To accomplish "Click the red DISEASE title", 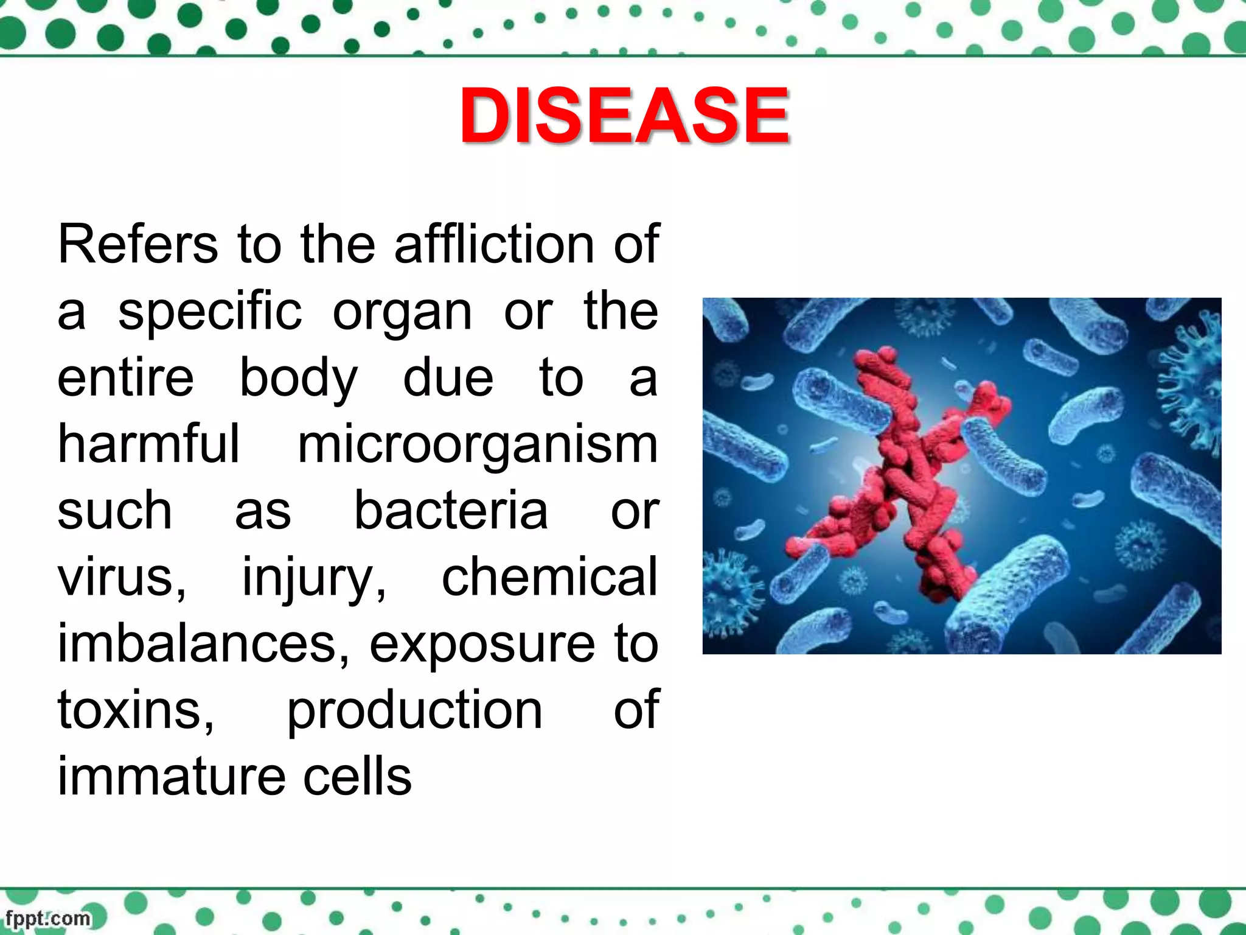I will [x=624, y=116].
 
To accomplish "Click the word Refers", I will [x=137, y=245].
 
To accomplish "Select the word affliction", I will [x=494, y=245].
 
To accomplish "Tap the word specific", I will [x=209, y=312].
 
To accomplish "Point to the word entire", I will [x=125, y=379].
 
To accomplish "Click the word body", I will [x=298, y=379].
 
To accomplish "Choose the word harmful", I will [x=148, y=444].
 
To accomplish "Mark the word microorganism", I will [x=478, y=446].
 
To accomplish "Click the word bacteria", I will [x=451, y=511].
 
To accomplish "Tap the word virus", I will [x=120, y=578].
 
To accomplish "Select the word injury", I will [x=314, y=578].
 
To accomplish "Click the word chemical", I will [x=549, y=577].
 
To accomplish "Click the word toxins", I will [x=135, y=711].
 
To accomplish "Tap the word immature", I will [x=171, y=777].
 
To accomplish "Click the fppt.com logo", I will [x=49, y=918].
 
